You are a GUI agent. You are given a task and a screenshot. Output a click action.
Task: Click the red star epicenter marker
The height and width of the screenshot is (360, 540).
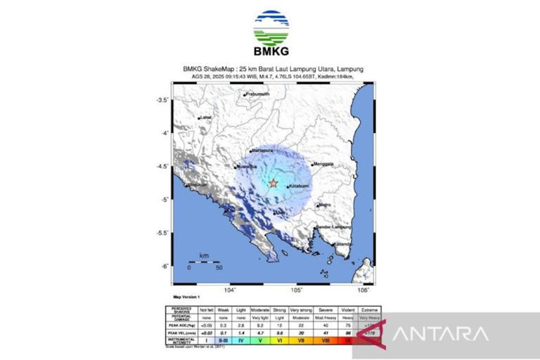(x=273, y=184)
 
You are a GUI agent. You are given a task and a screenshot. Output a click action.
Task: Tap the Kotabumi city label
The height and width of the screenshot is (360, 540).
(x=300, y=186)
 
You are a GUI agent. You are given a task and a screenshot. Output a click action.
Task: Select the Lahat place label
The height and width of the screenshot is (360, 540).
(x=205, y=117)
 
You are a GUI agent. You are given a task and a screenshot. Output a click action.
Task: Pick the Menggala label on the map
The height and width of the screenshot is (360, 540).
(x=323, y=165)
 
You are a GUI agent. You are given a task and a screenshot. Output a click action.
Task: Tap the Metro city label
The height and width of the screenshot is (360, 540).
(x=324, y=205)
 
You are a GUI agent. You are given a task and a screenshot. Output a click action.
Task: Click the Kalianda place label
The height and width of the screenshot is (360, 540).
(x=343, y=244)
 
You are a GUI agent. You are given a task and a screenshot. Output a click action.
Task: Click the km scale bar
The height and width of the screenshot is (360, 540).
(x=203, y=262)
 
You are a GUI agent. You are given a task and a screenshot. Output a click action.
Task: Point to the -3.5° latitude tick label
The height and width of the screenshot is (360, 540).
(x=163, y=100)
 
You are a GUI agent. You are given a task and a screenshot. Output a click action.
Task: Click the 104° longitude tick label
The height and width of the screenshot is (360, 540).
(x=229, y=290)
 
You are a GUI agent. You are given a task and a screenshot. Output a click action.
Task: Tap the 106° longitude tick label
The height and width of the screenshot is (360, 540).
(x=364, y=290)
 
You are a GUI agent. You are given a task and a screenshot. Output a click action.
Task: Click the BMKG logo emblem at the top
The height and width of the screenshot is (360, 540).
(x=270, y=28)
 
